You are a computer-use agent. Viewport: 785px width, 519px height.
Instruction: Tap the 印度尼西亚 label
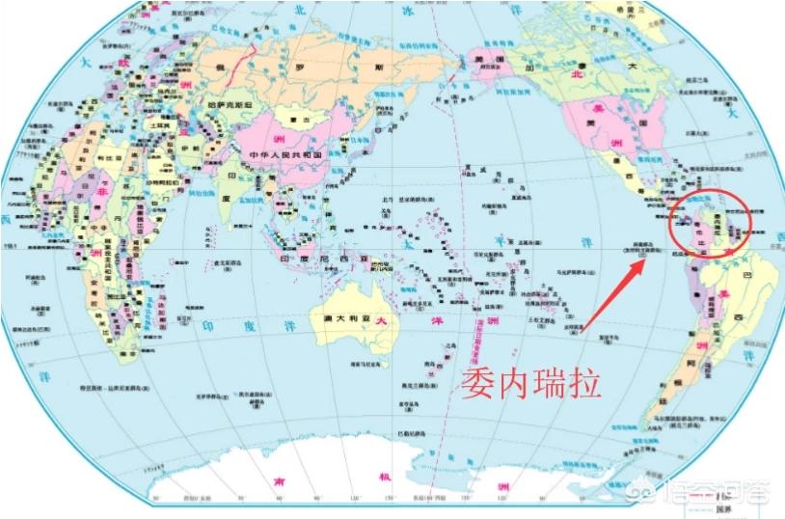(312, 260)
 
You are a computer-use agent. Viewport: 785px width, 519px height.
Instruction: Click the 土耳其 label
(152, 126)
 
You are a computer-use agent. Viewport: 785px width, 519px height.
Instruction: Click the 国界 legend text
(723, 510)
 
